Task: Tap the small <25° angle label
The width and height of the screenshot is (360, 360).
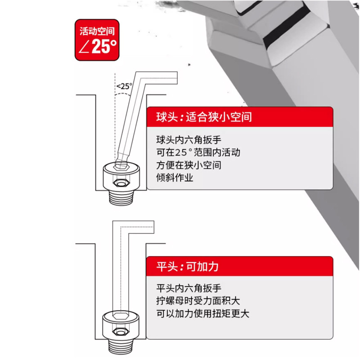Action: click(x=124, y=85)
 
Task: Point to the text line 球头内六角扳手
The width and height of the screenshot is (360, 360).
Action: click(x=183, y=139)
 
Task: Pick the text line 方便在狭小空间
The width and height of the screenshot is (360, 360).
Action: click(x=189, y=165)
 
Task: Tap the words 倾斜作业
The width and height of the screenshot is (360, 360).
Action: click(x=174, y=178)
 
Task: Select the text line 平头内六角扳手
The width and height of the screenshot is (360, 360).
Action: click(x=183, y=288)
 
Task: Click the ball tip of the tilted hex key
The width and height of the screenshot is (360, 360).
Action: click(x=121, y=163)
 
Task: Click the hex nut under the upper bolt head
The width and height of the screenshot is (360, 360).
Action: click(x=120, y=184)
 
